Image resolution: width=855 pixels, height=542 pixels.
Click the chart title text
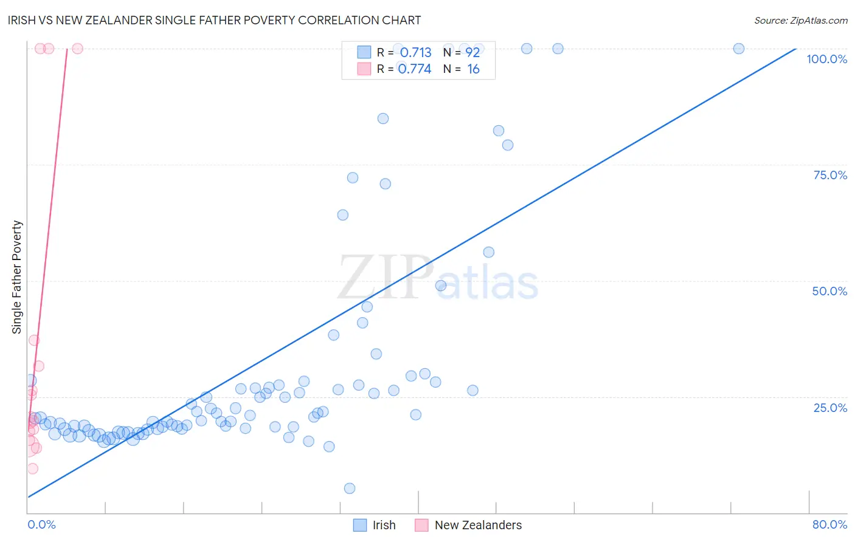[214, 20]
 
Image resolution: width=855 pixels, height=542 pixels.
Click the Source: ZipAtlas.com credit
[800, 20]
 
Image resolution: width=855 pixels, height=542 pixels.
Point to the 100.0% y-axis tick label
[826, 59]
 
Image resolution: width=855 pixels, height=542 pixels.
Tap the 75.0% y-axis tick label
[830, 175]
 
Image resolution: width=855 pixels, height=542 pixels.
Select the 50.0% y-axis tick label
[829, 291]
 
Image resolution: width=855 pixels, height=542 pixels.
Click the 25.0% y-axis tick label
[830, 407]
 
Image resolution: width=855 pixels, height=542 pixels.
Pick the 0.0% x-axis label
[41, 524]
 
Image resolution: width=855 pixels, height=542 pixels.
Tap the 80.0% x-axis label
[829, 524]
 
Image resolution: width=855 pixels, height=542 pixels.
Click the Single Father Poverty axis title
[17, 277]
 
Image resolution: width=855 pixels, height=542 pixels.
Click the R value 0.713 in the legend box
[415, 53]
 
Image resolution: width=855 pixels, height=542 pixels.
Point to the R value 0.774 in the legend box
[414, 69]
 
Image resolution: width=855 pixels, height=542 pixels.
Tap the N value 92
[472, 53]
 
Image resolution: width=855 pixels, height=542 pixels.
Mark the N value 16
[473, 69]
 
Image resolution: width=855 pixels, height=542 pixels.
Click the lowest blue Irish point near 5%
[350, 489]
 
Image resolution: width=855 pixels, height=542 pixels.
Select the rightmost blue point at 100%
[739, 49]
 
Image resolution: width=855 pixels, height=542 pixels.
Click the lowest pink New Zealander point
[33, 468]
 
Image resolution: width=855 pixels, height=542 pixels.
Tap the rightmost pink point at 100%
[77, 49]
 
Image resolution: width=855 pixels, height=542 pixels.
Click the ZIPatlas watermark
[438, 278]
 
